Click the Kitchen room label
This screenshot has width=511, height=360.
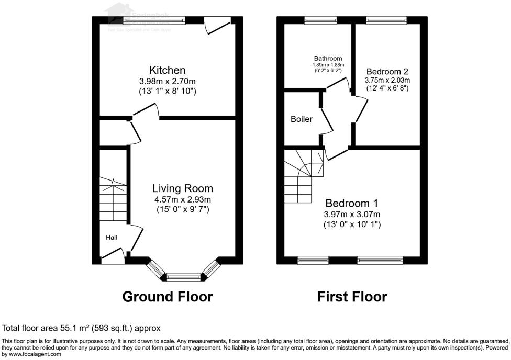click(x=168, y=70)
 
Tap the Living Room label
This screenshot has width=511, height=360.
click(x=183, y=188)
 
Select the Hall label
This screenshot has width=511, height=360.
click(x=112, y=238)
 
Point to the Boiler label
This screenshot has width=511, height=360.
click(x=302, y=119)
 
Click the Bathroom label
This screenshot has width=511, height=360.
click(x=328, y=59)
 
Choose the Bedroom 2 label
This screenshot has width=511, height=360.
click(x=387, y=71)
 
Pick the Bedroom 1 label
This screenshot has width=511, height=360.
click(x=352, y=203)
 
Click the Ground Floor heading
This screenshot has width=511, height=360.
click(x=168, y=297)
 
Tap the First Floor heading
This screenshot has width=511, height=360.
click(x=352, y=297)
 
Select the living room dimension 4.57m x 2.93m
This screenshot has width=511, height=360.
click(x=183, y=199)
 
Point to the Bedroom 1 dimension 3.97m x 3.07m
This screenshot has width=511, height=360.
click(x=352, y=214)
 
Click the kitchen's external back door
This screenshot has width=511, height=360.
click(x=217, y=24)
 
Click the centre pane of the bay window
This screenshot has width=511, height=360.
click(x=183, y=277)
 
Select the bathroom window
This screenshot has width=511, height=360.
click(x=320, y=20)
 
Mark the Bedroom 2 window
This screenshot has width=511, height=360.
click(x=386, y=20)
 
